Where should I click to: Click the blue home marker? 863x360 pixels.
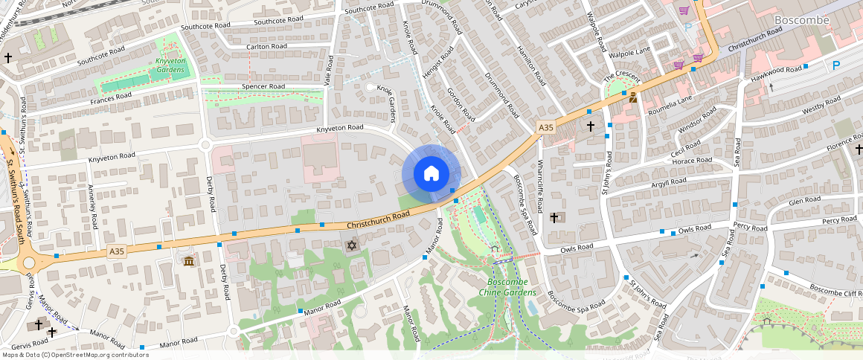(x=431, y=174)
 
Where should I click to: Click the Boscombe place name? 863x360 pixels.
(x=801, y=20)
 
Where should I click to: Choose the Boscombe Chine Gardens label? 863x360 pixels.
(x=512, y=287)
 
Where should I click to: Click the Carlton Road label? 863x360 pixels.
(x=267, y=46)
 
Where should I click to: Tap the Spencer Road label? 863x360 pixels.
(x=263, y=86)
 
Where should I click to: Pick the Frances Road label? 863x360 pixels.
(x=111, y=96)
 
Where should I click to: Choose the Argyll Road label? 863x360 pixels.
(x=668, y=181)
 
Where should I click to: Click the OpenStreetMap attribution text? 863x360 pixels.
(x=74, y=355)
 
